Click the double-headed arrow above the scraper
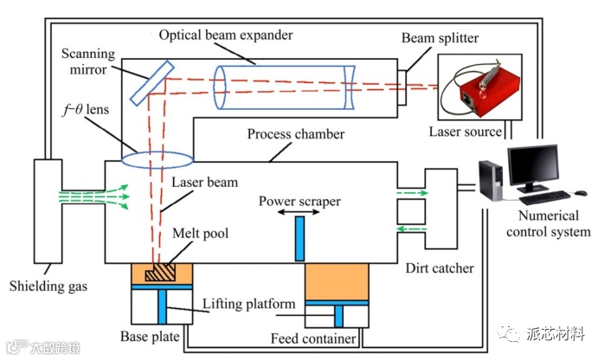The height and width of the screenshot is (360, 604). click(300, 210)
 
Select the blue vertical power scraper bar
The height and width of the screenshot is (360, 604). click(300, 239)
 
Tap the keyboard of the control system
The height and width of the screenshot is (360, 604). click(544, 196)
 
